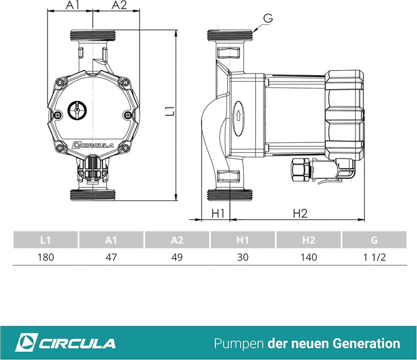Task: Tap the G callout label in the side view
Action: pyautogui.click(x=267, y=18)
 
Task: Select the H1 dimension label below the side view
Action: pyautogui.click(x=218, y=214)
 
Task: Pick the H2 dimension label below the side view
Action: pyautogui.click(x=299, y=214)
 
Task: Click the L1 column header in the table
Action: pyautogui.click(x=45, y=240)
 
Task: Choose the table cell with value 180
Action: pyautogui.click(x=45, y=257)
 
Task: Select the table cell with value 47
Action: pyautogui.click(x=111, y=257)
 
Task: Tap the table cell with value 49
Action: pyautogui.click(x=177, y=257)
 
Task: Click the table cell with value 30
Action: pyautogui.click(x=243, y=257)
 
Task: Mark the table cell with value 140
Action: pyautogui.click(x=309, y=257)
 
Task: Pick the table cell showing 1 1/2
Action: pyautogui.click(x=375, y=257)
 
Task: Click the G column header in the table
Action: pyautogui.click(x=375, y=240)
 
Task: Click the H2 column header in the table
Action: pyautogui.click(x=309, y=240)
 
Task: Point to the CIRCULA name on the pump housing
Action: pyautogui.click(x=93, y=145)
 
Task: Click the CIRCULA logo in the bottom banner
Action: pyautogui.click(x=65, y=343)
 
